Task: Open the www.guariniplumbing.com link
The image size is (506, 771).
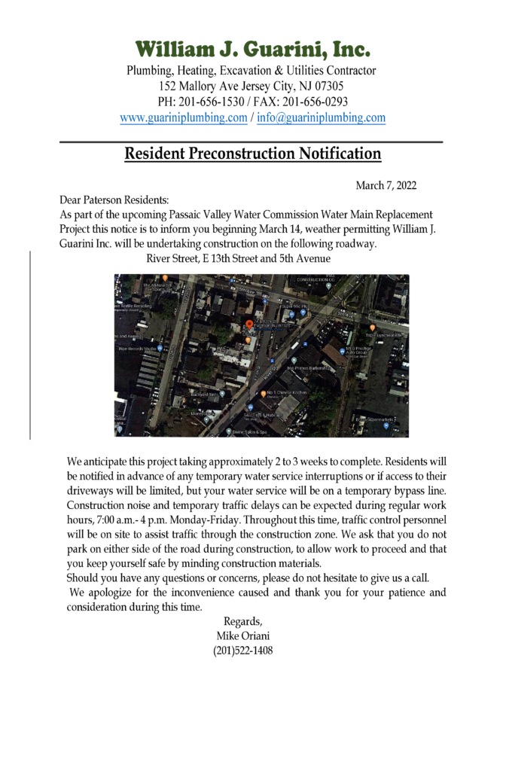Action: coord(183,118)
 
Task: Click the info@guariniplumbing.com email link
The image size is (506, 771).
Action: coord(321,118)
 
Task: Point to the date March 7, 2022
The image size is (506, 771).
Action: coord(386,185)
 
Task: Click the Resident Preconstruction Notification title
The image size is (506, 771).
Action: coord(252,154)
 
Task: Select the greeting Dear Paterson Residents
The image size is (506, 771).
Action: coord(114,200)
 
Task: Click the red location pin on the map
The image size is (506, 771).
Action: coord(249,326)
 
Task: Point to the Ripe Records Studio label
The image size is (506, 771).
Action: coord(136,349)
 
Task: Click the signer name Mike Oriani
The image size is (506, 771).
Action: coord(242,636)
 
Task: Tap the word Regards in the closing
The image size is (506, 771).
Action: coord(242,621)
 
